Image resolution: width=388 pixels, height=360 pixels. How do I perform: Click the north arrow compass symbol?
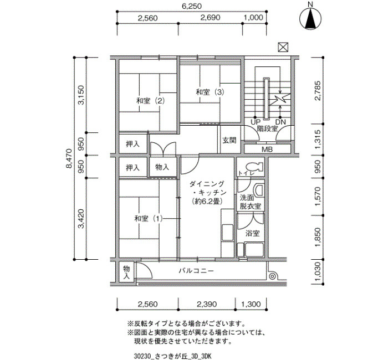coord(310,19)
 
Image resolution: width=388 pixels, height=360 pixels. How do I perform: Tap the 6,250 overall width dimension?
coord(192,6)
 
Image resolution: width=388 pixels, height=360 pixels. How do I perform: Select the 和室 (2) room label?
coord(151,101)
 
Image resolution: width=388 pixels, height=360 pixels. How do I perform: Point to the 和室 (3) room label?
coord(210,92)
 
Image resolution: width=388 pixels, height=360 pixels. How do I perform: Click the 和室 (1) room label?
coord(149,219)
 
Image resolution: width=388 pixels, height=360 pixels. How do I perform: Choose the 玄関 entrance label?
coord(229,140)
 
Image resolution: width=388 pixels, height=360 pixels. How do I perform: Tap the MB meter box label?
coord(267,150)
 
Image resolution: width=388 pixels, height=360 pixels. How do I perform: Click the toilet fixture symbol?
coord(255,167)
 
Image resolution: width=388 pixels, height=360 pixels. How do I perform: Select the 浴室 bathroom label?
coord(252,233)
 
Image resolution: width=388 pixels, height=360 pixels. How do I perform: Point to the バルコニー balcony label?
coord(196,271)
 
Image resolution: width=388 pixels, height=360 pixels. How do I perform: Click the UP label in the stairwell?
coord(256,122)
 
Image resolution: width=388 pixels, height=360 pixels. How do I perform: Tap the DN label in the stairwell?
coord(280,122)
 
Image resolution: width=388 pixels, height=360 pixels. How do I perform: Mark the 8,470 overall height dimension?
coord(69,158)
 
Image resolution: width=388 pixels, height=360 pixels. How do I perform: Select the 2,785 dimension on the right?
coord(318,91)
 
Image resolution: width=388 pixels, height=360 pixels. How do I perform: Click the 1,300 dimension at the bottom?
coord(251,304)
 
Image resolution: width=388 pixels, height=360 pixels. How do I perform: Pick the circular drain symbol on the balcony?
coord(272,276)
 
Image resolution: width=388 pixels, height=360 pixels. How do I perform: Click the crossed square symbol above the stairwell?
coord(283,47)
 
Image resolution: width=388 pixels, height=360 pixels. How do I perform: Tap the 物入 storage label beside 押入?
coord(162,167)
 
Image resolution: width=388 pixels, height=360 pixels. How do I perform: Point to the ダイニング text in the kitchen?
coord(207,184)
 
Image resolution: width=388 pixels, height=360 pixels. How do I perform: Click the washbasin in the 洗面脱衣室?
coord(260,189)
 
